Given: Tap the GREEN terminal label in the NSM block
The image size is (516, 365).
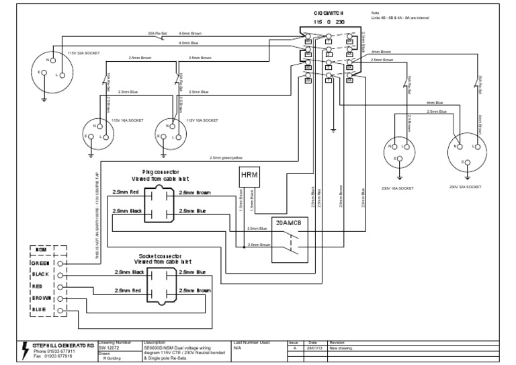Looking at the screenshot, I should tap(41, 263).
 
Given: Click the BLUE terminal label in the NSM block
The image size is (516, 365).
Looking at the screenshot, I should tap(41, 309).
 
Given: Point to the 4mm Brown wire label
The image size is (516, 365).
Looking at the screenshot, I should tap(382, 51).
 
